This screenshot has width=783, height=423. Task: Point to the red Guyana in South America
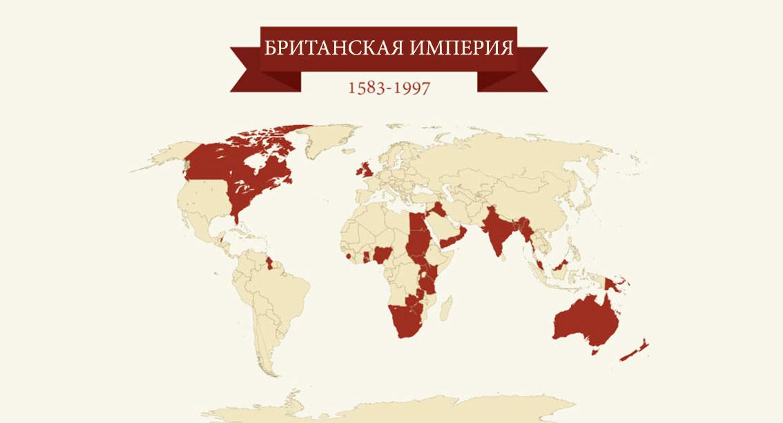270,262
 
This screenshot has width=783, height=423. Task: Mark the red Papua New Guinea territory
612,283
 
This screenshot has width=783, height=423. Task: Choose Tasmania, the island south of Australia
593,351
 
